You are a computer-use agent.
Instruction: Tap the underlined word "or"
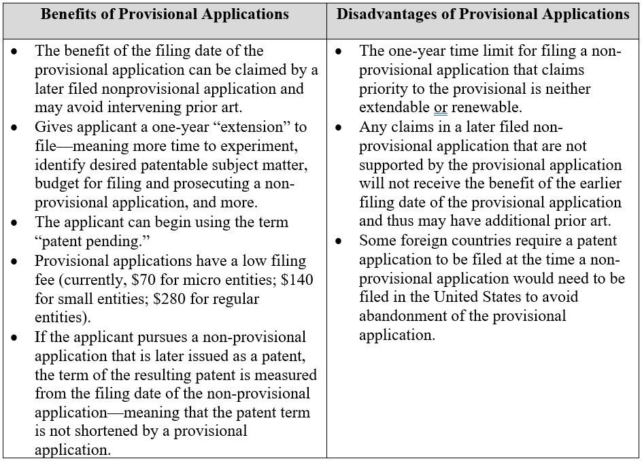point(441,108)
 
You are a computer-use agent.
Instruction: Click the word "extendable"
point(394,108)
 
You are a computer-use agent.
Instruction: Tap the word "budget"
point(57,184)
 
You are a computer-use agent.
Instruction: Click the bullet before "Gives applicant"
point(15,128)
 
